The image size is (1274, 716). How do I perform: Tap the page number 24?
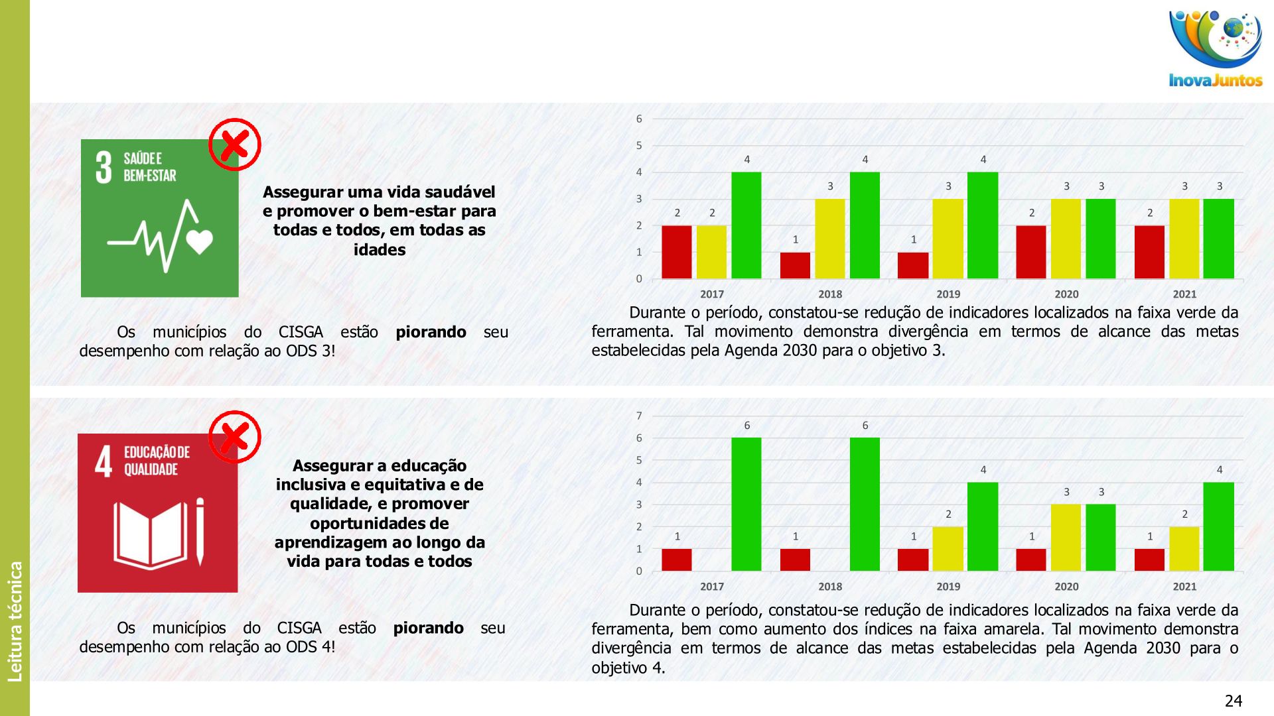pos(1233,701)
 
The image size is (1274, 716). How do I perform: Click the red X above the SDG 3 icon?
pos(235,145)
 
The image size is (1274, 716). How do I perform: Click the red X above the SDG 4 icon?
pos(235,437)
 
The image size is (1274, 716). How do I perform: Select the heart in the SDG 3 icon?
pos(200,241)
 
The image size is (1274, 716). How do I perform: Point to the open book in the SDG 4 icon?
pos(151,534)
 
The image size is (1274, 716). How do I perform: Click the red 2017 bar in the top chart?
pos(677,252)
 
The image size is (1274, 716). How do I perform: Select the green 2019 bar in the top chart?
pos(983,225)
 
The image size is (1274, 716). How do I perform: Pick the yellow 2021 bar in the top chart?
pos(1184,239)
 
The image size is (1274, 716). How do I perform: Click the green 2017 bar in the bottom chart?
pos(746,504)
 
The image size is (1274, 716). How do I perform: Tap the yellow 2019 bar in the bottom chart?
pos(948,548)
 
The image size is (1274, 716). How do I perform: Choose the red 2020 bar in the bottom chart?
pos(1031,560)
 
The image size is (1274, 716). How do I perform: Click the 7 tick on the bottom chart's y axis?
pos(639,416)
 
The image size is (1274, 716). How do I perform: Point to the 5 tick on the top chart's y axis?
pos(639,145)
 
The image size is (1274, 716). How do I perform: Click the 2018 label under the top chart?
pos(830,294)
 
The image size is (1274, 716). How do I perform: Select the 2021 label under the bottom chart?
pos(1184,586)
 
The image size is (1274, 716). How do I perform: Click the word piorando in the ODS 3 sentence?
pos(431,331)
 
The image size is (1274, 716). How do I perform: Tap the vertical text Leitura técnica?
pos(15,621)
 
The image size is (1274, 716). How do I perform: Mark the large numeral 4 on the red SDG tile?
pos(104,461)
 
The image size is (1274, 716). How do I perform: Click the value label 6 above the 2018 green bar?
pos(865,426)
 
